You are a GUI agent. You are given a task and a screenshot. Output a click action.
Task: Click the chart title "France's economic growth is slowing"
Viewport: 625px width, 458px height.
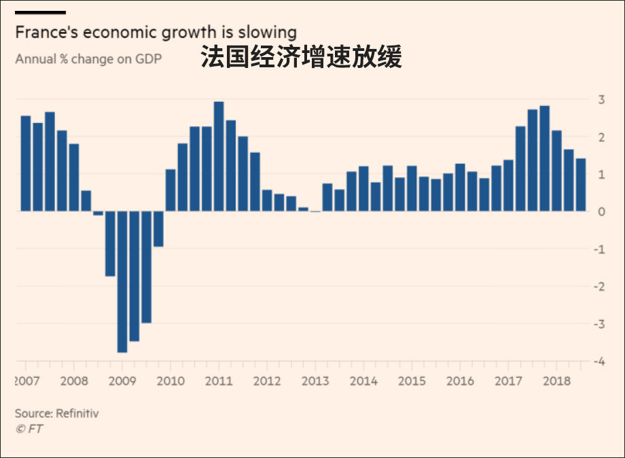tap(156, 32)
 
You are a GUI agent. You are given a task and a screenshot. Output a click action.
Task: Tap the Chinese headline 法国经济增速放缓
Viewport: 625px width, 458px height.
tap(301, 58)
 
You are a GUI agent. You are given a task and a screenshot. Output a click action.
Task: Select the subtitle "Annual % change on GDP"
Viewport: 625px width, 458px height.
tap(88, 58)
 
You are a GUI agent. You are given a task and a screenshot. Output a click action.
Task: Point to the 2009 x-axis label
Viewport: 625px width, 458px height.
tap(122, 381)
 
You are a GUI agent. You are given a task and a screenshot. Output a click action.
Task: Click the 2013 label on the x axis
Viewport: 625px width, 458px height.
tap(315, 381)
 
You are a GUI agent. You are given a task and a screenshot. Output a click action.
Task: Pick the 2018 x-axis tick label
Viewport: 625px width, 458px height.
tap(556, 381)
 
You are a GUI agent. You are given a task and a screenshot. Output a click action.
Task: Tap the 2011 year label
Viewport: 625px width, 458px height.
tap(219, 381)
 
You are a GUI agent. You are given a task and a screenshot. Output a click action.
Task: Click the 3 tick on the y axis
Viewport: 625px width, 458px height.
tap(601, 100)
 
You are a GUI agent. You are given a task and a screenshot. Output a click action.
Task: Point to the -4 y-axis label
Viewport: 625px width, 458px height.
tap(599, 362)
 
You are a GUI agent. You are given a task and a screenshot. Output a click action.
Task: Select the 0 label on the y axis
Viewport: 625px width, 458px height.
tap(601, 212)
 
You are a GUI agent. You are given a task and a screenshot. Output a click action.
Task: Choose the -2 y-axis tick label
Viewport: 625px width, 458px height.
tap(599, 287)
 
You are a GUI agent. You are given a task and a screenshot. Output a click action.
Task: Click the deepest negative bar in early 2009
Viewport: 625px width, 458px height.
tap(122, 281)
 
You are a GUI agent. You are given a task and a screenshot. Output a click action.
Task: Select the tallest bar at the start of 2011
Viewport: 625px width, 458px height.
tap(219, 156)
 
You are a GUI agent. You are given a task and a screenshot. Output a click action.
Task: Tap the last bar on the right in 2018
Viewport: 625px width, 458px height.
tap(581, 184)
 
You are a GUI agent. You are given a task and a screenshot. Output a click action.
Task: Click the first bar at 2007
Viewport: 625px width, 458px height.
tap(26, 163)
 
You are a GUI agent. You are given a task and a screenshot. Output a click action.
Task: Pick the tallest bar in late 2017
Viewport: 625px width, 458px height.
tap(544, 158)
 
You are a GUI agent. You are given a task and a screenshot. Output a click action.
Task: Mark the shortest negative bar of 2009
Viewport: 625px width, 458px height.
tap(158, 228)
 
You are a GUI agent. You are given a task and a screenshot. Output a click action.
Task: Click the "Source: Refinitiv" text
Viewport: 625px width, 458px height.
tap(56, 413)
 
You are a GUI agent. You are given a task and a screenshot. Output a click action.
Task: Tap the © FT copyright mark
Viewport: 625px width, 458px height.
tap(29, 429)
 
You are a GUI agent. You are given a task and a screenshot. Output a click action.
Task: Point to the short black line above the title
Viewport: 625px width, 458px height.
tap(40, 12)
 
